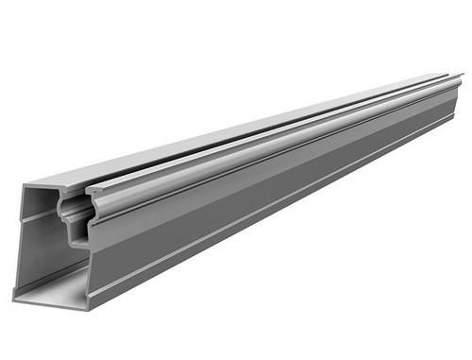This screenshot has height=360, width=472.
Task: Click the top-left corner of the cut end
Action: click(22, 184)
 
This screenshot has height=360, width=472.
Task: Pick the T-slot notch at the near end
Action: click(75, 213)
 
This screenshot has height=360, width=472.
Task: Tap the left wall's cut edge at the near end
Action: click(20, 236)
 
